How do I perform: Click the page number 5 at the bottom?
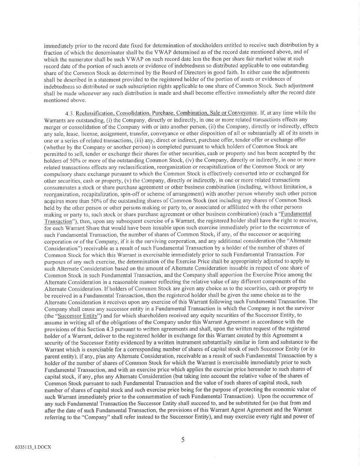pos(182,439)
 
